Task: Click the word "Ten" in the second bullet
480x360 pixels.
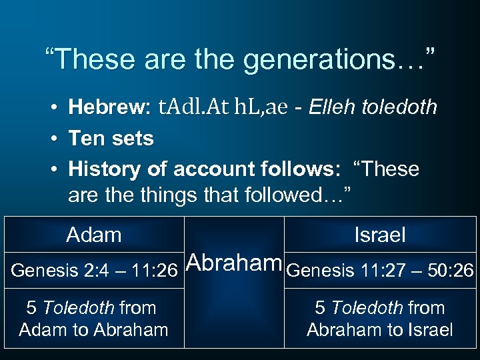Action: point(85,139)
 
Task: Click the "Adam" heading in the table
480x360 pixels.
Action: point(94,235)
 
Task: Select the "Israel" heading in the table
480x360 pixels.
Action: point(380,235)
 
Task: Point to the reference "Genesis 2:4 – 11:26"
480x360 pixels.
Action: point(94,271)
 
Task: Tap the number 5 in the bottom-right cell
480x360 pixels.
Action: point(320,308)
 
